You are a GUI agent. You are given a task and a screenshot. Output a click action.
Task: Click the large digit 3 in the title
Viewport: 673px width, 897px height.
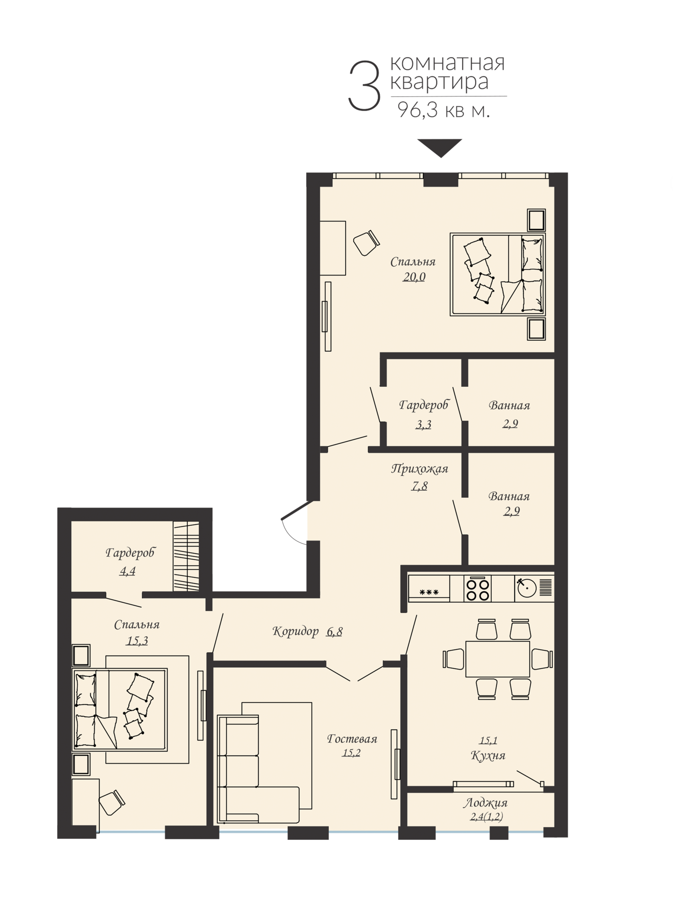coord(364,86)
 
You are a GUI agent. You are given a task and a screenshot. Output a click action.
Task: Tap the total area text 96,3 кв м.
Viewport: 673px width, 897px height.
coord(444,109)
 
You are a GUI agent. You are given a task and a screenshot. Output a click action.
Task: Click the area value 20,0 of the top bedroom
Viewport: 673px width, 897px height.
coord(414,277)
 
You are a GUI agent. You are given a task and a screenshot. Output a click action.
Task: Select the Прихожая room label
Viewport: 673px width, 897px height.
coord(419,469)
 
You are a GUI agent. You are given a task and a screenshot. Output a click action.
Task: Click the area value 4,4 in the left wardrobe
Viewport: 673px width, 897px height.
coord(127,571)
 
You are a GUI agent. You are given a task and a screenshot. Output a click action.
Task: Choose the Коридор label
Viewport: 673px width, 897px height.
coord(295,632)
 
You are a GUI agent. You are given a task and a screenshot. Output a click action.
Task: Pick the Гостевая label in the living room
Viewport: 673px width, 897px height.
coord(352,738)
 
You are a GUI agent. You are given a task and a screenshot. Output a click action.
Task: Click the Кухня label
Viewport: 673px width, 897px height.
coord(488,755)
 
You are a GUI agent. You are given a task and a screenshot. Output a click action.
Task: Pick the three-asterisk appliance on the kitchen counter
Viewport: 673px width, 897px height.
coord(429,592)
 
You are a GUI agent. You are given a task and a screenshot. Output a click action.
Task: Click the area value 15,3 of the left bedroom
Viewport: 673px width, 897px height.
coord(137,641)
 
